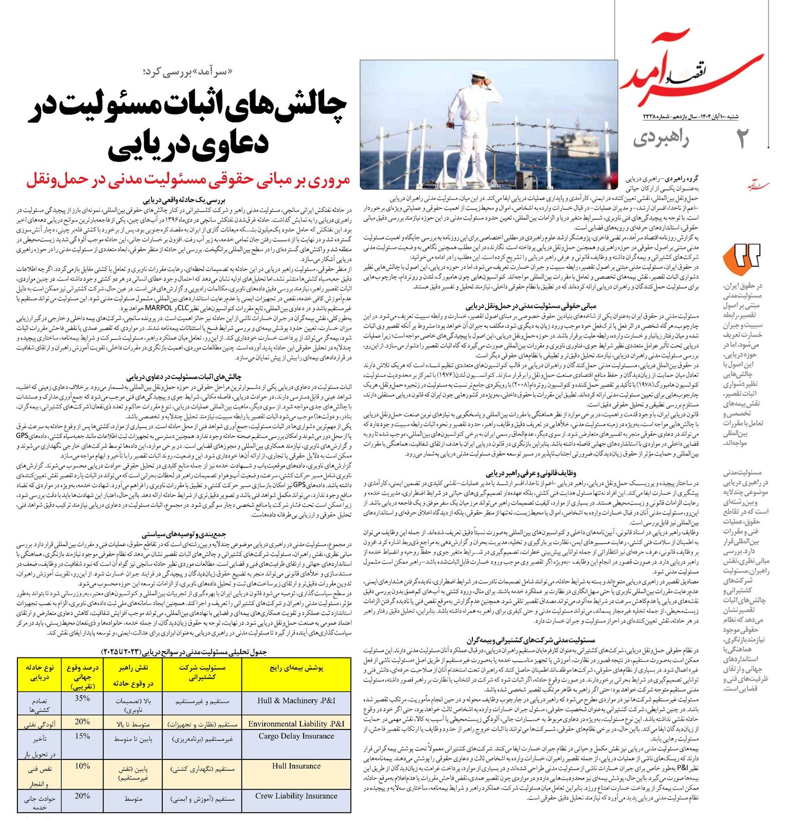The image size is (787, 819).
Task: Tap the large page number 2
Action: tap(741, 139)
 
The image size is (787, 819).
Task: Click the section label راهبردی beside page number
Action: tap(661, 139)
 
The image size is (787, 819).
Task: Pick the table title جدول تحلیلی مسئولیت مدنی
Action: tap(184, 652)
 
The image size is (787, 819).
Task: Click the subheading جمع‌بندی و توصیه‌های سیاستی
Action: tap(184, 534)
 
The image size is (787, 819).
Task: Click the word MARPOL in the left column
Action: tap(158, 308)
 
